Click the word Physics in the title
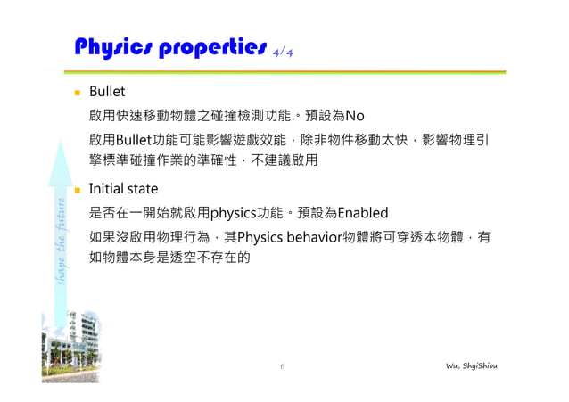pyautogui.click(x=114, y=46)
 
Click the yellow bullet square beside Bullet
pyautogui.click(x=78, y=92)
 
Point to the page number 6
pyautogui.click(x=282, y=366)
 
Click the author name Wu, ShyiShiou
pyautogui.click(x=478, y=366)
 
